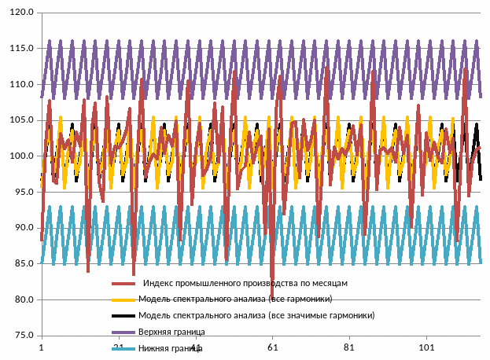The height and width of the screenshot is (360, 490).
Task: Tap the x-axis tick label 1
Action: pos(41,347)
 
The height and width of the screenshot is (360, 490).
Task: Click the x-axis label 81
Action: pos(350,347)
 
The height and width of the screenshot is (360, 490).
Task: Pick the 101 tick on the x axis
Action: pos(427,347)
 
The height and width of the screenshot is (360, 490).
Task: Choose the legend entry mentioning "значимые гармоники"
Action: pos(256,315)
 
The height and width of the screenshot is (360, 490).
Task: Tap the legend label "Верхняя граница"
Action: pos(171,332)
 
